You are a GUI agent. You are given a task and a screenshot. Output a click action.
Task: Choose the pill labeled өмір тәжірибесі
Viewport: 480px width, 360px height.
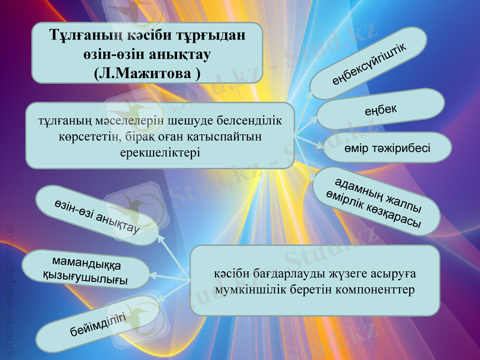(387, 148)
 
